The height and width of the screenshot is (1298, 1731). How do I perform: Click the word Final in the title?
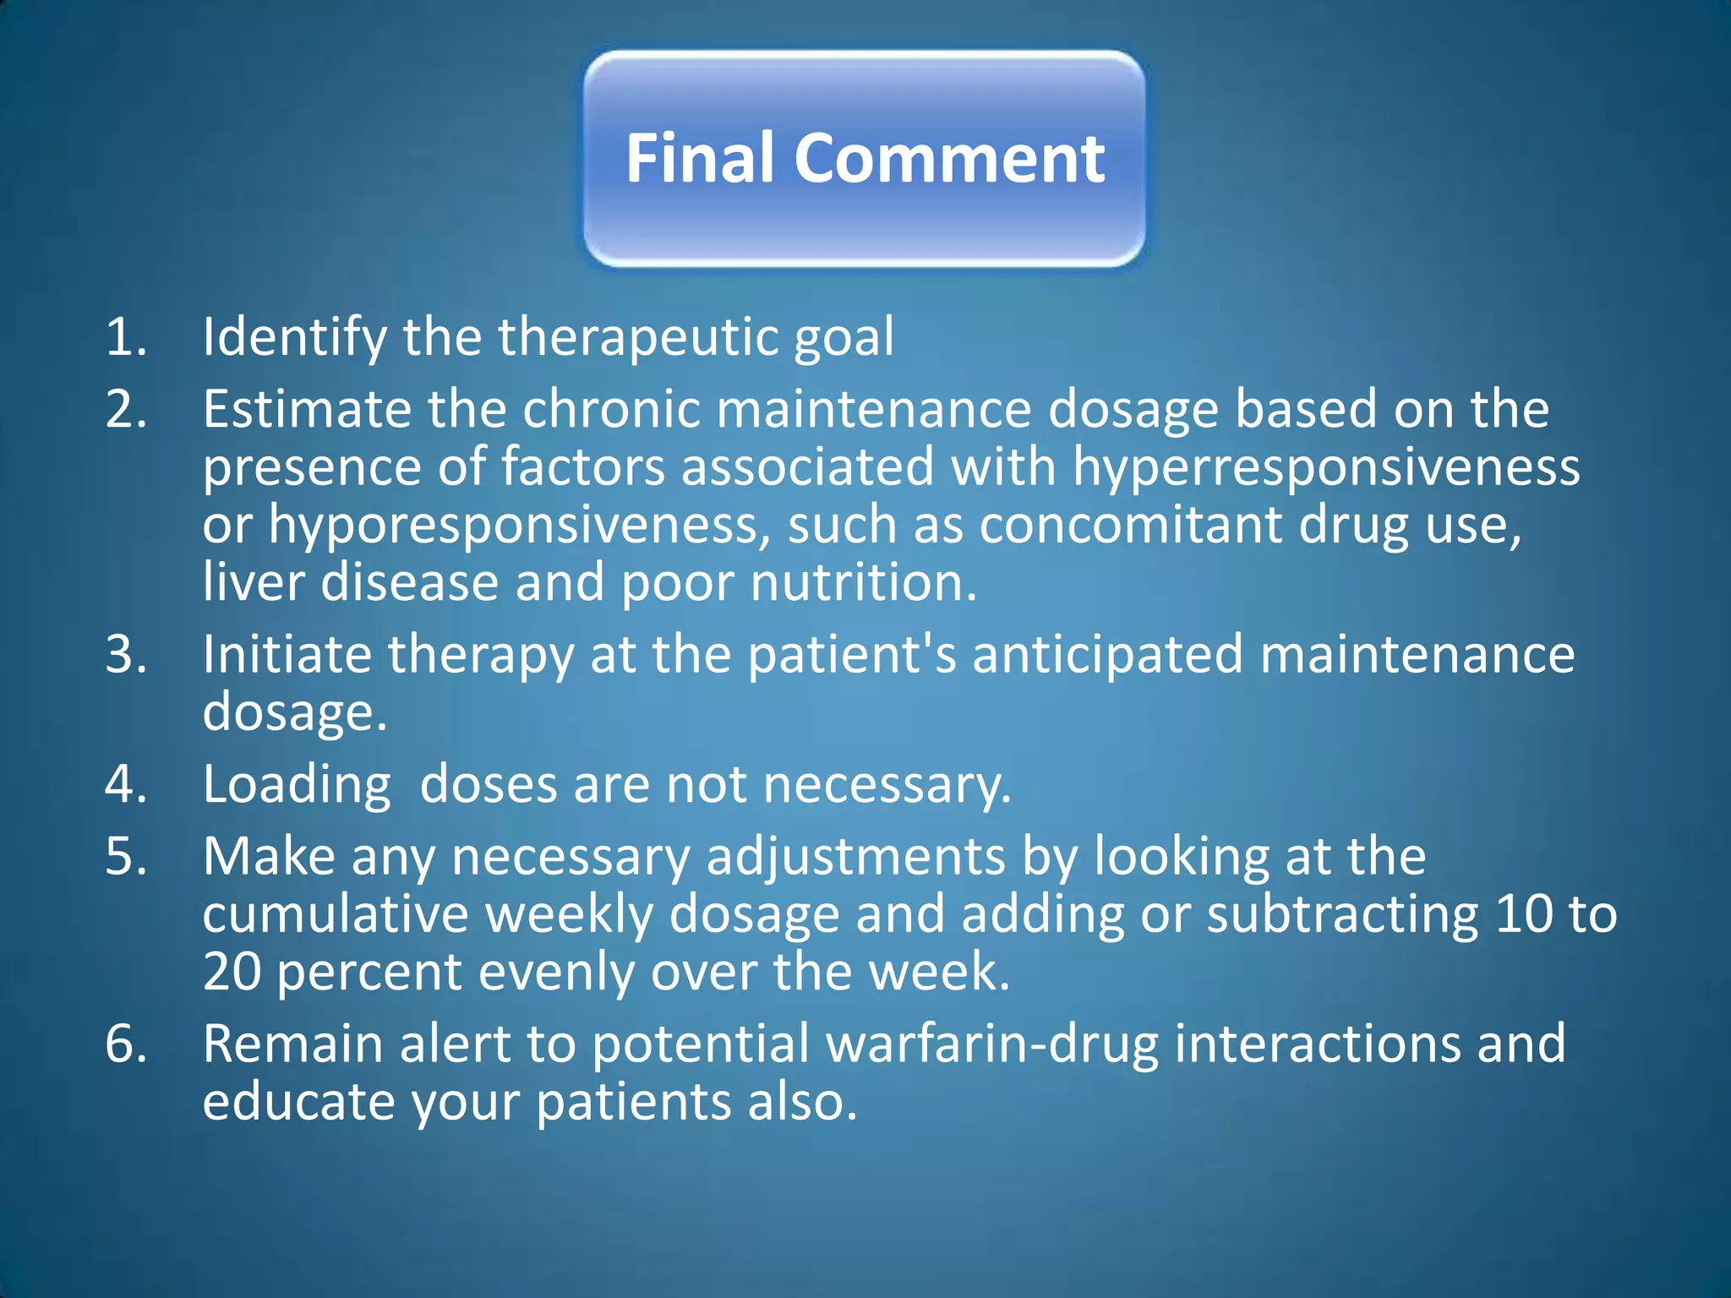tap(699, 158)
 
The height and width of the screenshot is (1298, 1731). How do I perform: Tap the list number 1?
tap(125, 336)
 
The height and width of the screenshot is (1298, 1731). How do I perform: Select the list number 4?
tap(125, 784)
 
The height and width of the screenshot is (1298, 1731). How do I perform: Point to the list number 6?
tap(125, 1044)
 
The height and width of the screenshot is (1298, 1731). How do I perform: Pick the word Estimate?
tap(306, 409)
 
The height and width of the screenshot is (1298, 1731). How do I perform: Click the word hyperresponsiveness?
tap(1325, 467)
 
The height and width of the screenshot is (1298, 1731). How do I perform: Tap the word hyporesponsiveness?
tap(519, 526)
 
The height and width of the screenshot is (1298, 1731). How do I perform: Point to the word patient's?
tap(852, 656)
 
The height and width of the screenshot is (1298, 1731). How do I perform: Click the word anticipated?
tap(1107, 656)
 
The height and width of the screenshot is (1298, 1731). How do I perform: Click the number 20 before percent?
tap(232, 972)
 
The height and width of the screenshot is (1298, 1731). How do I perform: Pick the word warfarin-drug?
tap(992, 1044)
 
